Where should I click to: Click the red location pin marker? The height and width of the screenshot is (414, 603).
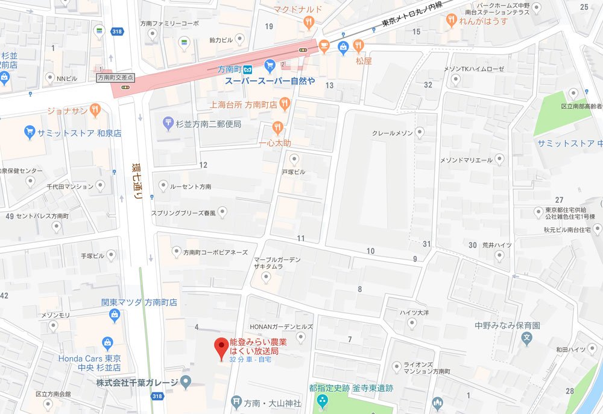(221, 348)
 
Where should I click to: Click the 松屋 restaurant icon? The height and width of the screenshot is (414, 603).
(359, 45)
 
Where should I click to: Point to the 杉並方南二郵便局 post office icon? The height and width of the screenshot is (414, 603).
(169, 123)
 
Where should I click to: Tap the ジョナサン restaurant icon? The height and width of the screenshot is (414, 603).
(95, 110)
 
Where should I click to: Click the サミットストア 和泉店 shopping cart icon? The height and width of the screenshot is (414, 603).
(29, 132)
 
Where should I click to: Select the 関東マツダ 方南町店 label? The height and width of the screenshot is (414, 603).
(139, 302)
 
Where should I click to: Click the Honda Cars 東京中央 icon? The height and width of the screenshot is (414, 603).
(107, 343)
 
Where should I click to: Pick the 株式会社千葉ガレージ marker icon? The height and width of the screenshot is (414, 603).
(186, 381)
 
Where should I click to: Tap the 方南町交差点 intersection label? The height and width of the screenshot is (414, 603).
(116, 77)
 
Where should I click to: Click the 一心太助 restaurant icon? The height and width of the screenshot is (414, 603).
(277, 127)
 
